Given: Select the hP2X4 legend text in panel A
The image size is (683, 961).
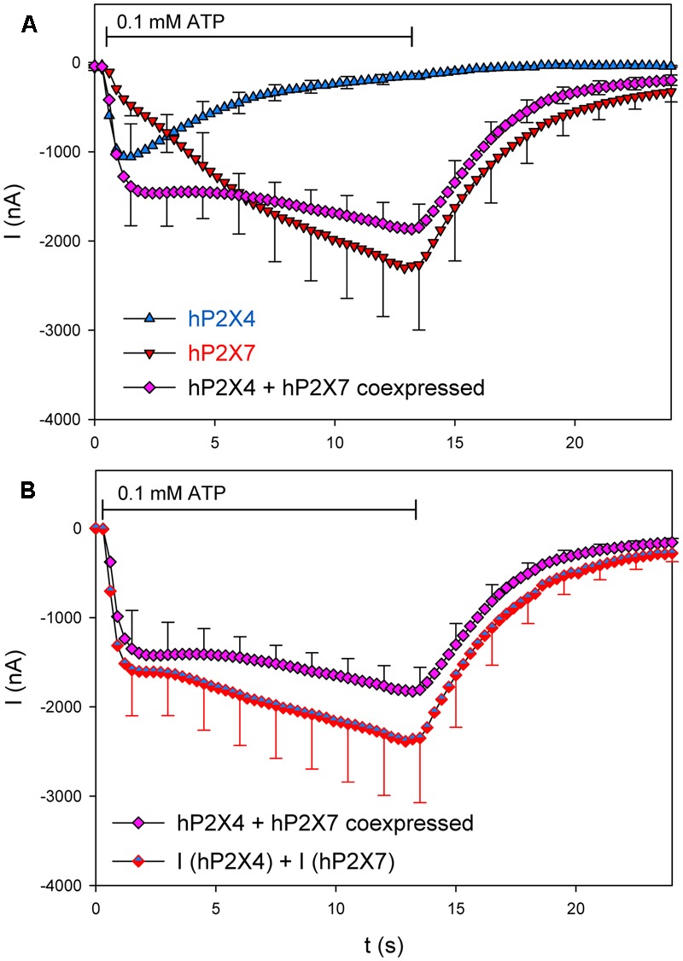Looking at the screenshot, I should (221, 317).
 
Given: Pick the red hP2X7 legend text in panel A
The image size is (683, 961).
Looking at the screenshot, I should (221, 352).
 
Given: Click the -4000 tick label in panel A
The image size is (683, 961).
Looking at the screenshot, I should (62, 419).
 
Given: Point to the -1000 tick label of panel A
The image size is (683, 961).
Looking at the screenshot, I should (62, 152).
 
